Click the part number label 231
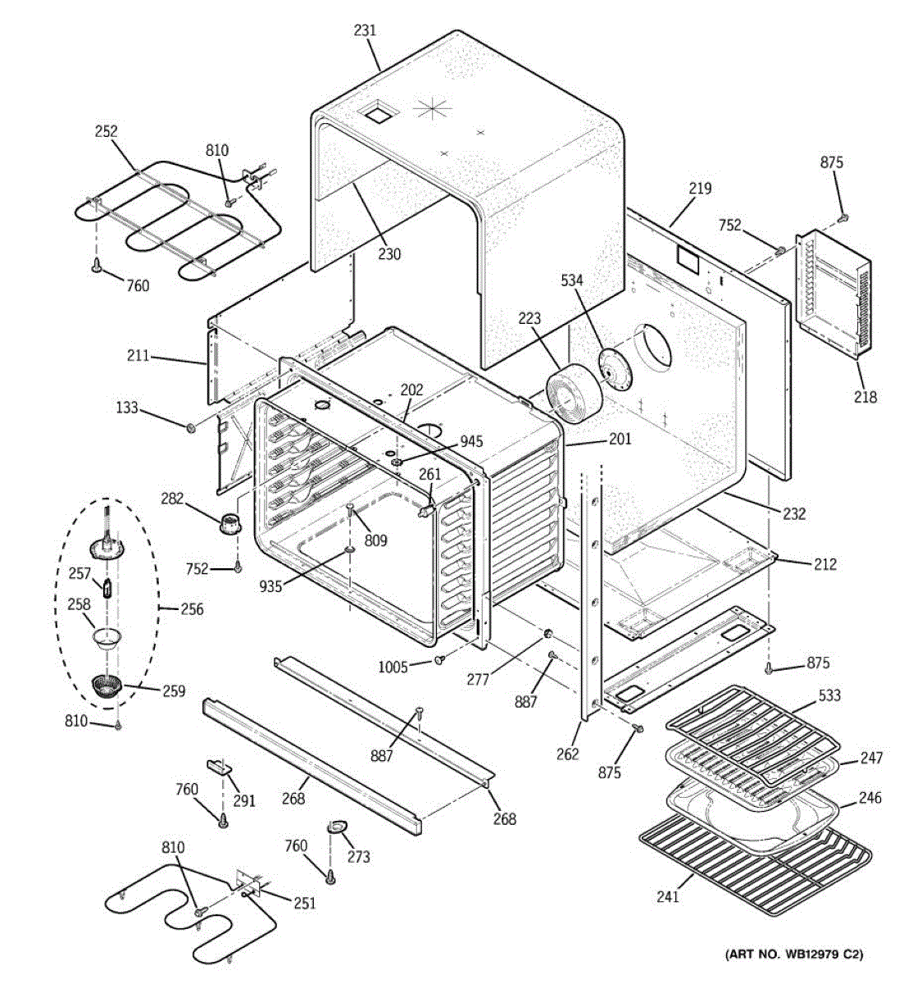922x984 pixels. pyautogui.click(x=365, y=30)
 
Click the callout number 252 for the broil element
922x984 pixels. pyautogui.click(x=107, y=131)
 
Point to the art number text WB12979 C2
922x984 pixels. pyautogui.click(x=816, y=968)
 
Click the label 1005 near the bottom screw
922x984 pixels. pyautogui.click(x=393, y=667)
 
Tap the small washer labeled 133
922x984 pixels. pyautogui.click(x=190, y=427)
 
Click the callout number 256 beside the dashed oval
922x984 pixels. pyautogui.click(x=192, y=609)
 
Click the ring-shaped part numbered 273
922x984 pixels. pyautogui.click(x=337, y=826)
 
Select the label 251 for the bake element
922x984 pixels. pyautogui.click(x=304, y=904)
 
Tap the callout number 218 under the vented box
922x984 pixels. pyautogui.click(x=865, y=396)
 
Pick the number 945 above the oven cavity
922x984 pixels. pyautogui.click(x=471, y=441)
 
